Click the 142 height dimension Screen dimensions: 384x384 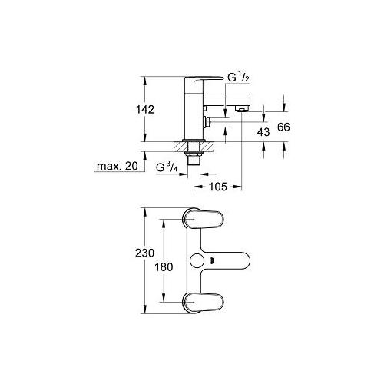(145, 110)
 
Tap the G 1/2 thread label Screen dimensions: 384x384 (238, 78)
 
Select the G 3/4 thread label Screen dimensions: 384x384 (167, 167)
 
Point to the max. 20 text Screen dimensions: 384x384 (118, 166)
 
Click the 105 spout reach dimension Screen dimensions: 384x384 (218, 187)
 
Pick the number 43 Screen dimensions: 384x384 (263, 132)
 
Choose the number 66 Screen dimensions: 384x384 (283, 127)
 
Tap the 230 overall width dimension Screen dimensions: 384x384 (145, 253)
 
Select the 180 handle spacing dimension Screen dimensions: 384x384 (164, 267)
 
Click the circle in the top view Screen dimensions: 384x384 (197, 260)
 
